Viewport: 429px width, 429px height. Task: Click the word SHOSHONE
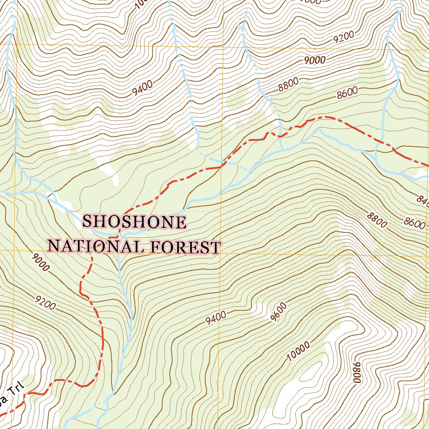134,222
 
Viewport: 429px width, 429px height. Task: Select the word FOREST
185,247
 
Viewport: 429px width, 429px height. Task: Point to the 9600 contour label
279,313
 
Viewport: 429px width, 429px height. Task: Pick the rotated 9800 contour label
357,372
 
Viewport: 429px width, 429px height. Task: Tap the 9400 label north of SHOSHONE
142,88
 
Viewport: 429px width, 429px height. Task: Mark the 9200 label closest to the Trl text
46,302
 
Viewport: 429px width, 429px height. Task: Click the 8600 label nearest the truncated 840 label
415,222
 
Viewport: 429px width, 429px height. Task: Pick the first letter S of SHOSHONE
88,222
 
